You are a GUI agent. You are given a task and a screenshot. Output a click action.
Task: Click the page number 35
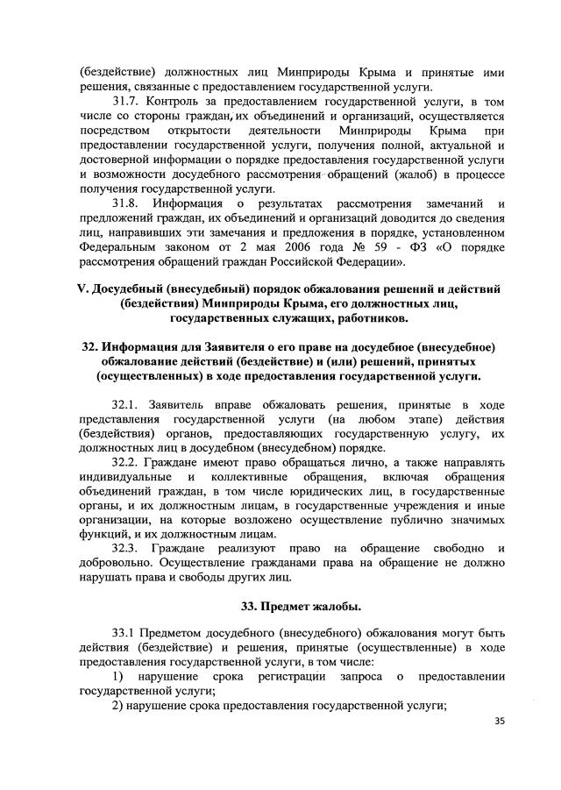pos(501,722)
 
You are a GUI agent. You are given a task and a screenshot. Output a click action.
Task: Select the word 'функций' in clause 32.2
pos(101,535)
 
